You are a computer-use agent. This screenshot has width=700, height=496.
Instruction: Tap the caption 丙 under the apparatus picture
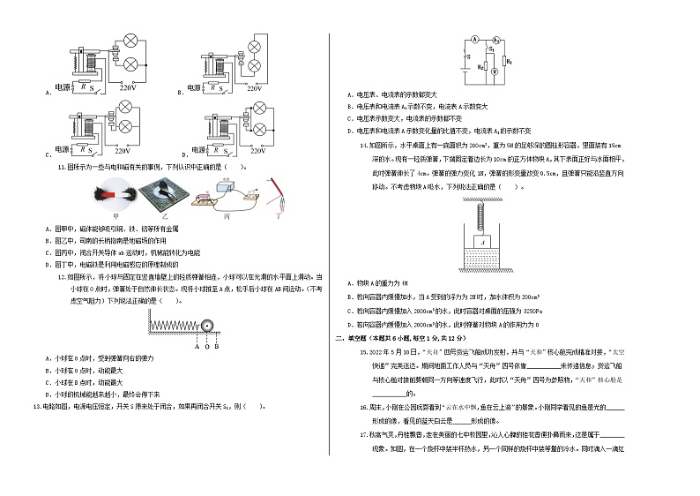(228, 214)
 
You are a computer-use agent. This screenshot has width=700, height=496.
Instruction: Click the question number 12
(61, 276)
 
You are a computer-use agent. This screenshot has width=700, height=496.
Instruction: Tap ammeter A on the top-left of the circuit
(473, 41)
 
